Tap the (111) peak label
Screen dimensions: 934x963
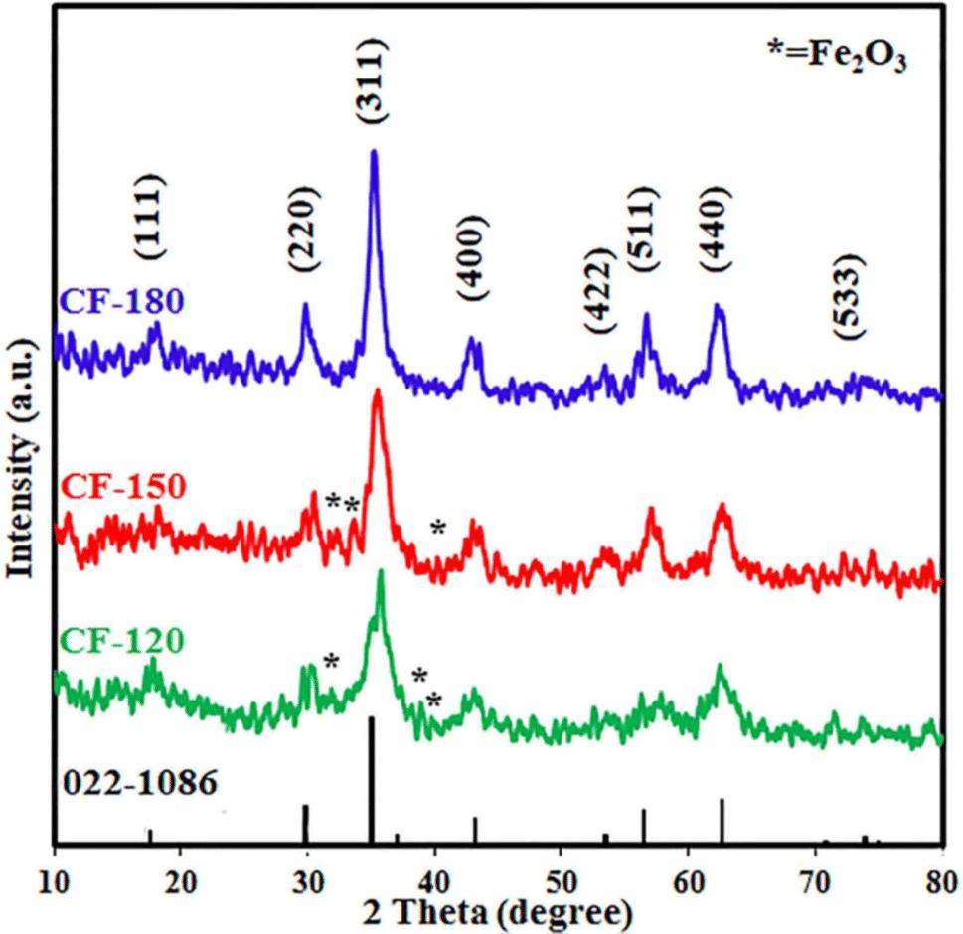[155, 216]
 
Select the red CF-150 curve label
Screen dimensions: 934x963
[121, 487]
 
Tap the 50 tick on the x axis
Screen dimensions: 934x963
[561, 878]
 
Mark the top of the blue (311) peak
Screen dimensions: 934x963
[374, 152]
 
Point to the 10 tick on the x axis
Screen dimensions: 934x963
[55, 878]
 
